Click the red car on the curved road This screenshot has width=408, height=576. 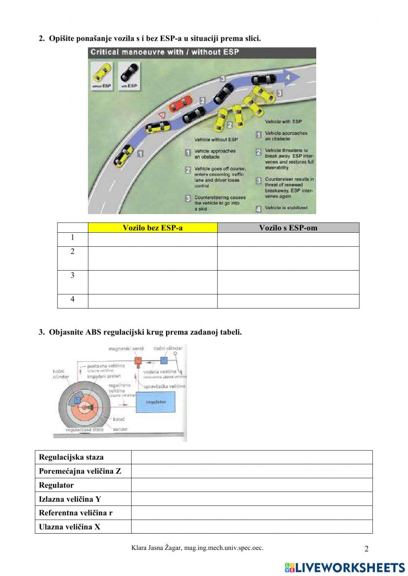[180, 104]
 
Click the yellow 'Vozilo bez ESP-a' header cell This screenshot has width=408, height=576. [153, 228]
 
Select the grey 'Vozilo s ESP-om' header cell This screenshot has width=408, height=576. [288, 228]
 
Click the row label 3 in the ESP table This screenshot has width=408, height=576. [73, 276]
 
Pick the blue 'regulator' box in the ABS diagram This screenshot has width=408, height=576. [155, 402]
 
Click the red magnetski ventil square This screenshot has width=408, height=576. [138, 360]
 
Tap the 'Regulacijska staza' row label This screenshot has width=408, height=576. [71, 457]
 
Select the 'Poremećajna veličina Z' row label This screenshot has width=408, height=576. [80, 471]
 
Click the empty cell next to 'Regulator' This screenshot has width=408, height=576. [252, 485]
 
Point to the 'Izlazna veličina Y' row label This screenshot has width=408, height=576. [70, 499]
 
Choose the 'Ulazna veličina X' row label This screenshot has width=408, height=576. [69, 527]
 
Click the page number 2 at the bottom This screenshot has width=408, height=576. [366, 549]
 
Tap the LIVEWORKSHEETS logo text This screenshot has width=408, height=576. [350, 567]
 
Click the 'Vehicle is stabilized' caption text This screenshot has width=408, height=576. [286, 208]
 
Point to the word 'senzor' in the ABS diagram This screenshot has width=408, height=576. [120, 430]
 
